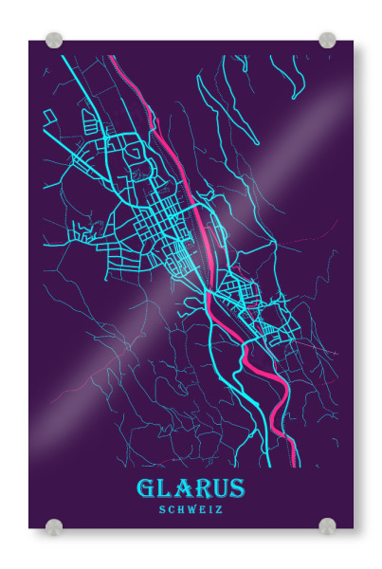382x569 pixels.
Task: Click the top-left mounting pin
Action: tap(54, 41)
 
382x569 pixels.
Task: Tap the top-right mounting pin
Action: tap(327, 40)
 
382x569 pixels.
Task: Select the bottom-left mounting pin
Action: tap(54, 526)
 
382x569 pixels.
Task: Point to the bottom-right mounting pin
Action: tap(327, 526)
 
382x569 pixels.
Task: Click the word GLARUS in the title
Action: tap(191, 489)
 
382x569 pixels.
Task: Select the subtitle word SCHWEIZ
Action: tap(191, 509)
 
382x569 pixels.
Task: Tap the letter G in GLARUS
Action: tap(146, 489)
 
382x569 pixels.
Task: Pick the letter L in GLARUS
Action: tap(165, 489)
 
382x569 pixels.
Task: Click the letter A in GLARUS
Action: tap(182, 489)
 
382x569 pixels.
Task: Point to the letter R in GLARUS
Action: tap(200, 489)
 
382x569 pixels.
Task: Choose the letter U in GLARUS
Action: tap(219, 489)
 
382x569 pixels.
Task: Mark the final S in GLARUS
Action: tap(237, 489)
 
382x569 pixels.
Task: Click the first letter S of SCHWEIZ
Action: tap(164, 509)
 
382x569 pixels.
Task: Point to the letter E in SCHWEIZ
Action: tap(203, 509)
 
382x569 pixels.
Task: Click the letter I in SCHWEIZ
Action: tap(210, 509)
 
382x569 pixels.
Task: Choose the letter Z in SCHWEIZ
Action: tap(218, 509)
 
